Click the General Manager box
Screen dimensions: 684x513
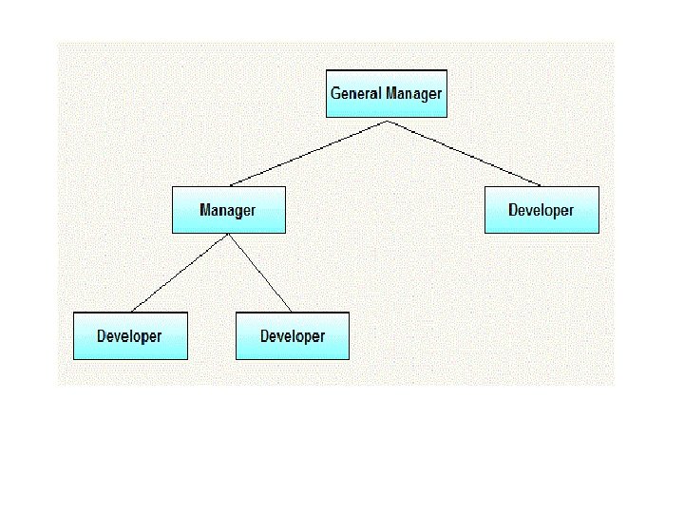tap(386, 93)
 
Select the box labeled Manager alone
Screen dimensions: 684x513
tap(228, 209)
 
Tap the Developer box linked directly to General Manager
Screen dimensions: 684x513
tap(541, 209)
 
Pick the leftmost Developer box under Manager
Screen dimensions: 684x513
tap(130, 335)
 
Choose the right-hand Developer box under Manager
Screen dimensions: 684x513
tap(293, 335)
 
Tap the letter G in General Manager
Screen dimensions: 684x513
tap(335, 93)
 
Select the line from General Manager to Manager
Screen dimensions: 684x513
tap(309, 153)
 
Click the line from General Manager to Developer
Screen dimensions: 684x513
tap(464, 153)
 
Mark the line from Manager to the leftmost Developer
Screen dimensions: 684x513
tap(180, 273)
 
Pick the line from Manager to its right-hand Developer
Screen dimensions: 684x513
tap(259, 273)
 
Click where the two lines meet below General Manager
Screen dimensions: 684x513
tap(387, 121)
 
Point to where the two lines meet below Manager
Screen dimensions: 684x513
tap(229, 235)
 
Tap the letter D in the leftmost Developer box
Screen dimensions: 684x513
tap(102, 336)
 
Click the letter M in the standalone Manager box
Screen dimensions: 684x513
tap(205, 209)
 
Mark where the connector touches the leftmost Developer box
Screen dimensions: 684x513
tap(131, 312)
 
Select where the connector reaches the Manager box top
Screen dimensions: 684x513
tap(230, 185)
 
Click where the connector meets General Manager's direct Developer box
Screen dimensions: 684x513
tap(541, 185)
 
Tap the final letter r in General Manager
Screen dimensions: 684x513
tap(439, 94)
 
